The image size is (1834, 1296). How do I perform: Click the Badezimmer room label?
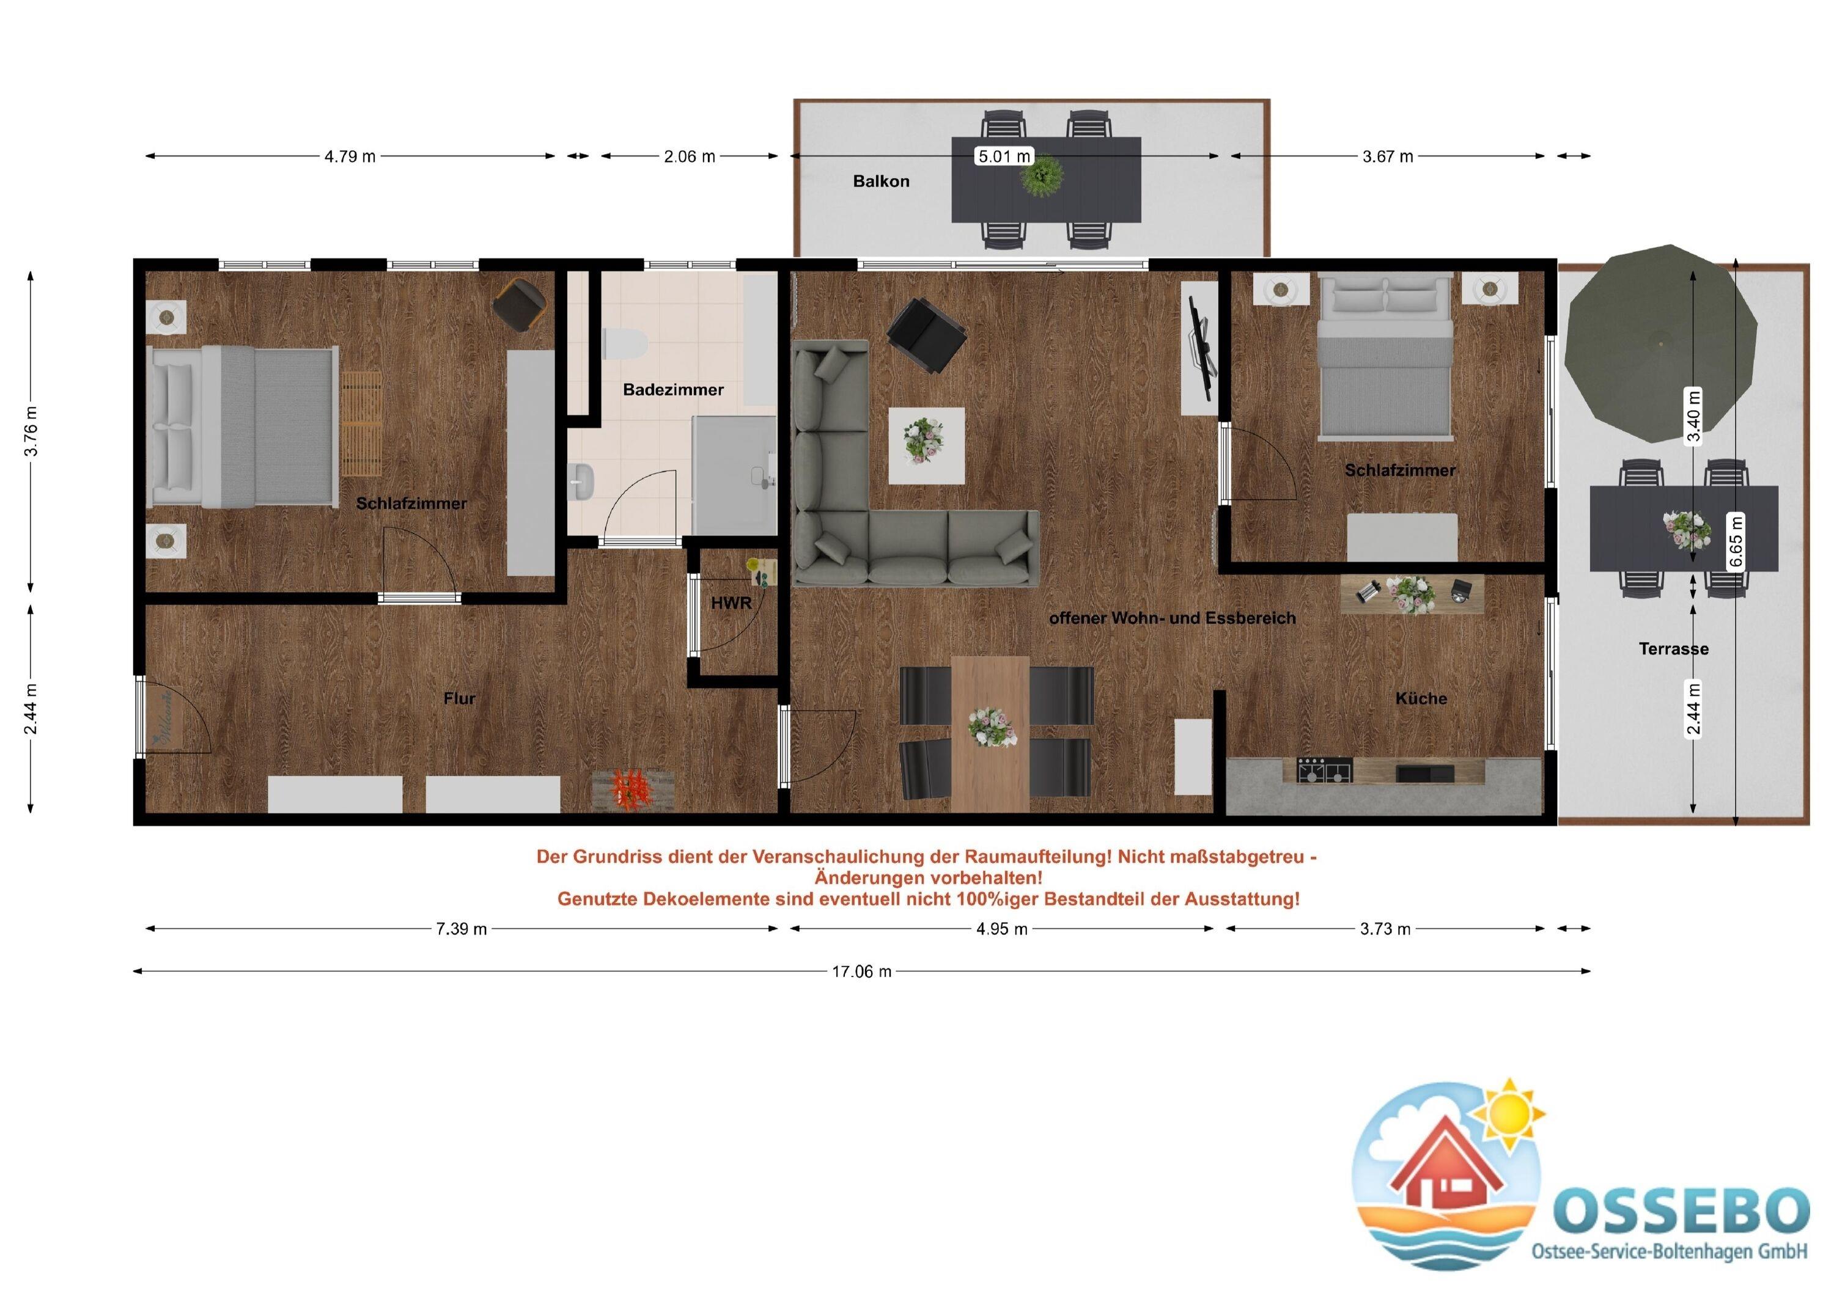[673, 390]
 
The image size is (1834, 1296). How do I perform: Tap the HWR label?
[731, 604]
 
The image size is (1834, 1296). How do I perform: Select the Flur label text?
[459, 698]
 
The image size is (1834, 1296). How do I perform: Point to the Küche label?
[1421, 698]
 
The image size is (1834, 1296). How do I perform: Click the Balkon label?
[881, 181]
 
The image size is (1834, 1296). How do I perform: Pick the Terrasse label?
[1673, 649]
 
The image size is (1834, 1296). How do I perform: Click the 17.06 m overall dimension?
[862, 972]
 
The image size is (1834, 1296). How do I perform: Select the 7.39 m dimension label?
[461, 929]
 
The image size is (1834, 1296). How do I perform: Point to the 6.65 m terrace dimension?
[1736, 541]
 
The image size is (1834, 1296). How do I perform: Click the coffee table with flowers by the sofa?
[927, 445]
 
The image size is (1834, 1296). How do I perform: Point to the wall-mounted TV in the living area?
[1200, 348]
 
